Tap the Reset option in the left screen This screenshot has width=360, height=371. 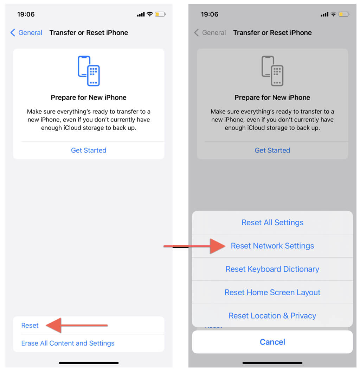(30, 325)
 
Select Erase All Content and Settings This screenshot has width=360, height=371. (68, 343)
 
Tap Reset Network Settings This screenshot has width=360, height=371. (272, 246)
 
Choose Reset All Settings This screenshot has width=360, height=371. (272, 222)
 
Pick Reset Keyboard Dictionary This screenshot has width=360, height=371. (272, 269)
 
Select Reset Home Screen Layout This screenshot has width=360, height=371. (272, 292)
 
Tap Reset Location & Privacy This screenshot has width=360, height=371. (272, 316)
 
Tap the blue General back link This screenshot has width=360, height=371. (26, 33)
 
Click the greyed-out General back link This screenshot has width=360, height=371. (210, 33)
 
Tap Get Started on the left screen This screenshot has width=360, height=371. (89, 150)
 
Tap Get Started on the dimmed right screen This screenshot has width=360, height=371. (272, 150)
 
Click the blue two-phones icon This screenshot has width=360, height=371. (89, 71)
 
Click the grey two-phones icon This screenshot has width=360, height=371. (272, 71)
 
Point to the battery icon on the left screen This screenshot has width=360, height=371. (160, 14)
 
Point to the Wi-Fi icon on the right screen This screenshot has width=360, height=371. (333, 14)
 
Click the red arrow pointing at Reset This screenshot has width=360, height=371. (77, 325)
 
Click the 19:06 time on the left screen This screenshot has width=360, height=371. (26, 14)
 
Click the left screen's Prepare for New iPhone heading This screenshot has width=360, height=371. (89, 98)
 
